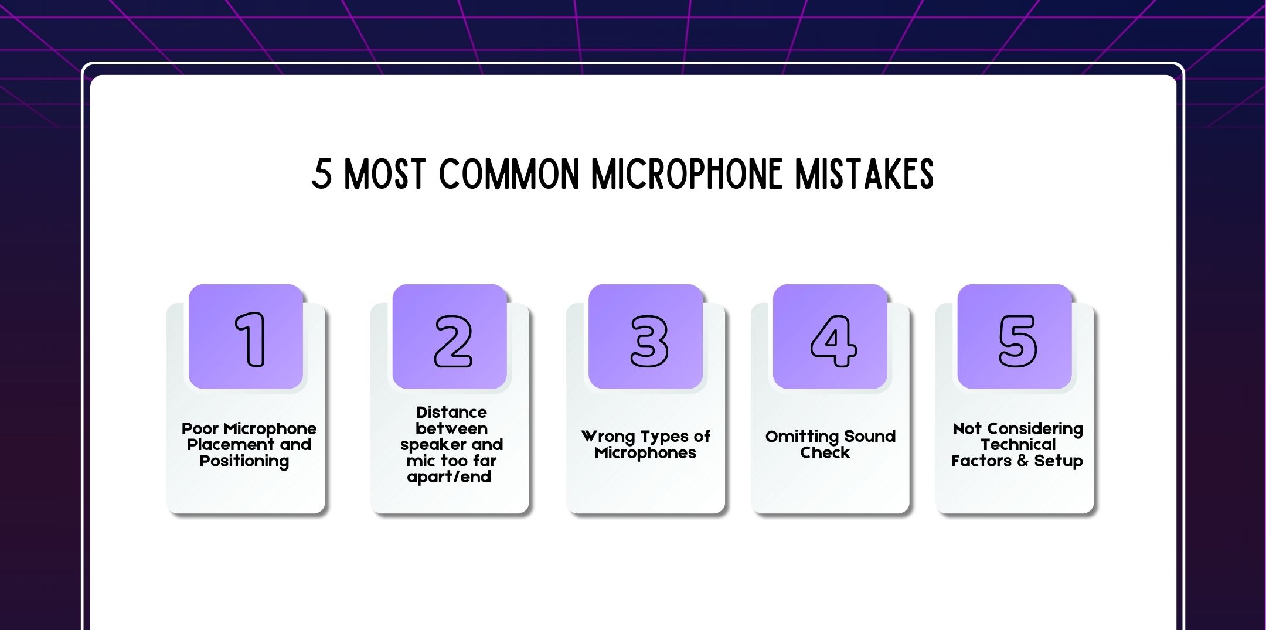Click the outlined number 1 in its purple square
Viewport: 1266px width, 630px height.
[x=251, y=339]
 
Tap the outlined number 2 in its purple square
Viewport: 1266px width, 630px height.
[x=452, y=341]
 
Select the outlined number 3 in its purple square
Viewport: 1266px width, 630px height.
[x=649, y=341]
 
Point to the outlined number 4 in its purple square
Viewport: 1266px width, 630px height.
[x=833, y=341]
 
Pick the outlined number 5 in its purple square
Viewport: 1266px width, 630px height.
[x=1017, y=341]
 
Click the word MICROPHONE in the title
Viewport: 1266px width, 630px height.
[x=687, y=174]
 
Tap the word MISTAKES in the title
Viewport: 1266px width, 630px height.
[x=864, y=174]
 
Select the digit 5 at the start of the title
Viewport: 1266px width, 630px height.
[x=322, y=174]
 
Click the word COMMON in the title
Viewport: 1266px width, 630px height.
[x=509, y=174]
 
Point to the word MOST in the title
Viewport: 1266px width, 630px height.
[x=384, y=174]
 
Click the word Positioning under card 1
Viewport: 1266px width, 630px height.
[x=244, y=462]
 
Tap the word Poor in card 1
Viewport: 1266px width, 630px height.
[x=200, y=429]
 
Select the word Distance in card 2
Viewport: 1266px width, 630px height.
[x=451, y=413]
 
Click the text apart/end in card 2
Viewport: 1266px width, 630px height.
[x=449, y=477]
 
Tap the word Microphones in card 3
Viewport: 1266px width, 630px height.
[x=645, y=453]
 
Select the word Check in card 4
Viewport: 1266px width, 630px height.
[x=825, y=453]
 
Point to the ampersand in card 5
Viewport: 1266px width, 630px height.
[x=1023, y=461]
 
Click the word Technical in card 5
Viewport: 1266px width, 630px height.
[x=1018, y=445]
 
